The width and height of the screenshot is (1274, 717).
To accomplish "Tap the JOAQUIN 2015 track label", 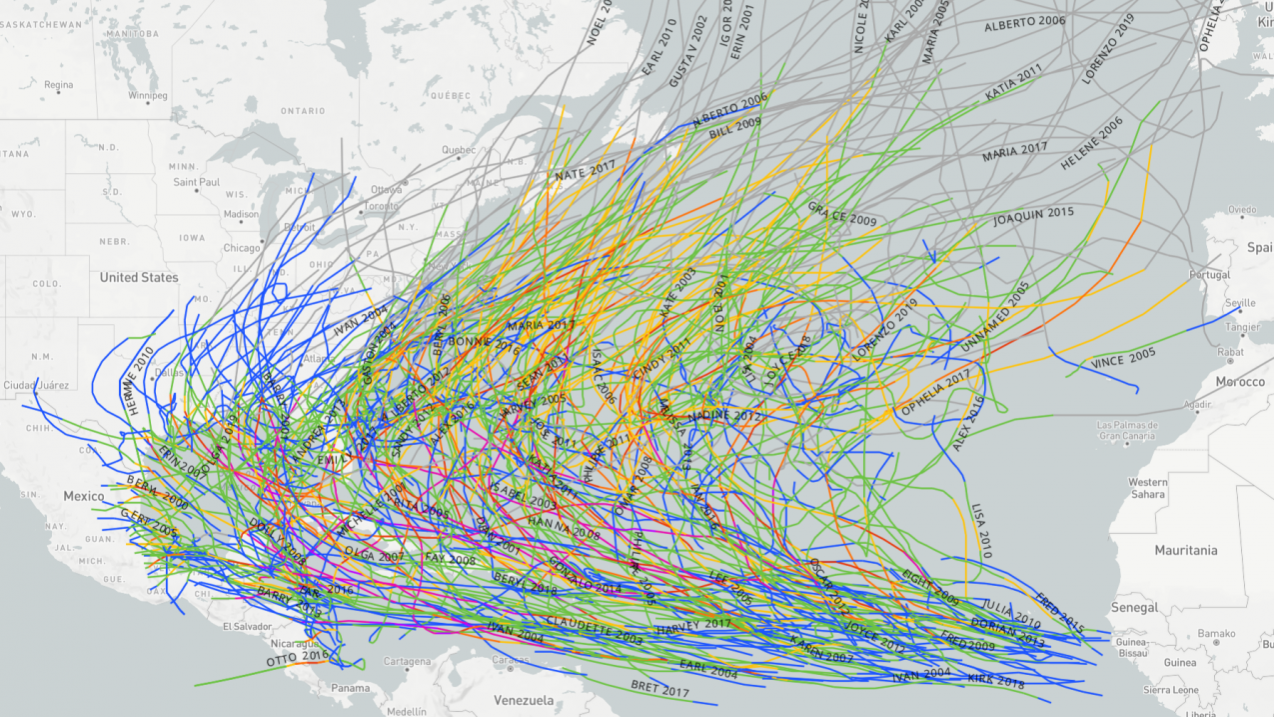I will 1033,216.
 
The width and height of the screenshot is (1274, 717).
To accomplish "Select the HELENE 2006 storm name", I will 1092,146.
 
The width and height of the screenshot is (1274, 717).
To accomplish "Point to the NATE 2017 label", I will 586,172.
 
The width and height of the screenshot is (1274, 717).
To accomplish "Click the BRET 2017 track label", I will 660,689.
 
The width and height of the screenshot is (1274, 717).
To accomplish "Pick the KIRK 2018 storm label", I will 996,681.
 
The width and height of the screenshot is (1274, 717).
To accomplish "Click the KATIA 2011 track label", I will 1013,82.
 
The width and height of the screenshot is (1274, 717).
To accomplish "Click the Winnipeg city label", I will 147,96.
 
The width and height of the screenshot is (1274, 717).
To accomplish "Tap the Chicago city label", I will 242,248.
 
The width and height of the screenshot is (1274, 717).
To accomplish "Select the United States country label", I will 139,277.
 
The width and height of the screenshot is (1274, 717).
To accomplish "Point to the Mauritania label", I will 1186,550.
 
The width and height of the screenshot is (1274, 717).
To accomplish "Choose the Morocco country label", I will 1240,382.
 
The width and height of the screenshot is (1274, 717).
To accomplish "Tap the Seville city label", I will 1240,303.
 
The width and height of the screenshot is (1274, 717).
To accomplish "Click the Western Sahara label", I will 1148,488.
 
